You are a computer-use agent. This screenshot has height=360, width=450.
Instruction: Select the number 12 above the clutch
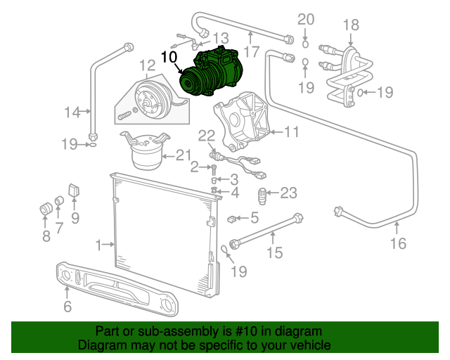[146, 67]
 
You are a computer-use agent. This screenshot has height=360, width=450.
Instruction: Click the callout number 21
[183, 155]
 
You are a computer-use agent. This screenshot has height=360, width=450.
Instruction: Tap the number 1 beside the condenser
[99, 245]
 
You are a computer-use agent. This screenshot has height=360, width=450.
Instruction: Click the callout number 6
[67, 306]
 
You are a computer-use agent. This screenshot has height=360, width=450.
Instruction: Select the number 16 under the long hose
[398, 243]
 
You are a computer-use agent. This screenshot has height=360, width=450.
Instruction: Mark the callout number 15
[274, 252]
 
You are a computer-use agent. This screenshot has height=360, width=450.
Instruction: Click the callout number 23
[289, 193]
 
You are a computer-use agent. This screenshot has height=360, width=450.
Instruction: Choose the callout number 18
[350, 26]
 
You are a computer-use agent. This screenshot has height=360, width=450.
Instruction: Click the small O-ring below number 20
[305, 44]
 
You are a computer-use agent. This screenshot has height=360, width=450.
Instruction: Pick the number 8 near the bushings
[46, 236]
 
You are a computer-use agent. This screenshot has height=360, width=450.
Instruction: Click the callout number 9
[75, 218]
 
